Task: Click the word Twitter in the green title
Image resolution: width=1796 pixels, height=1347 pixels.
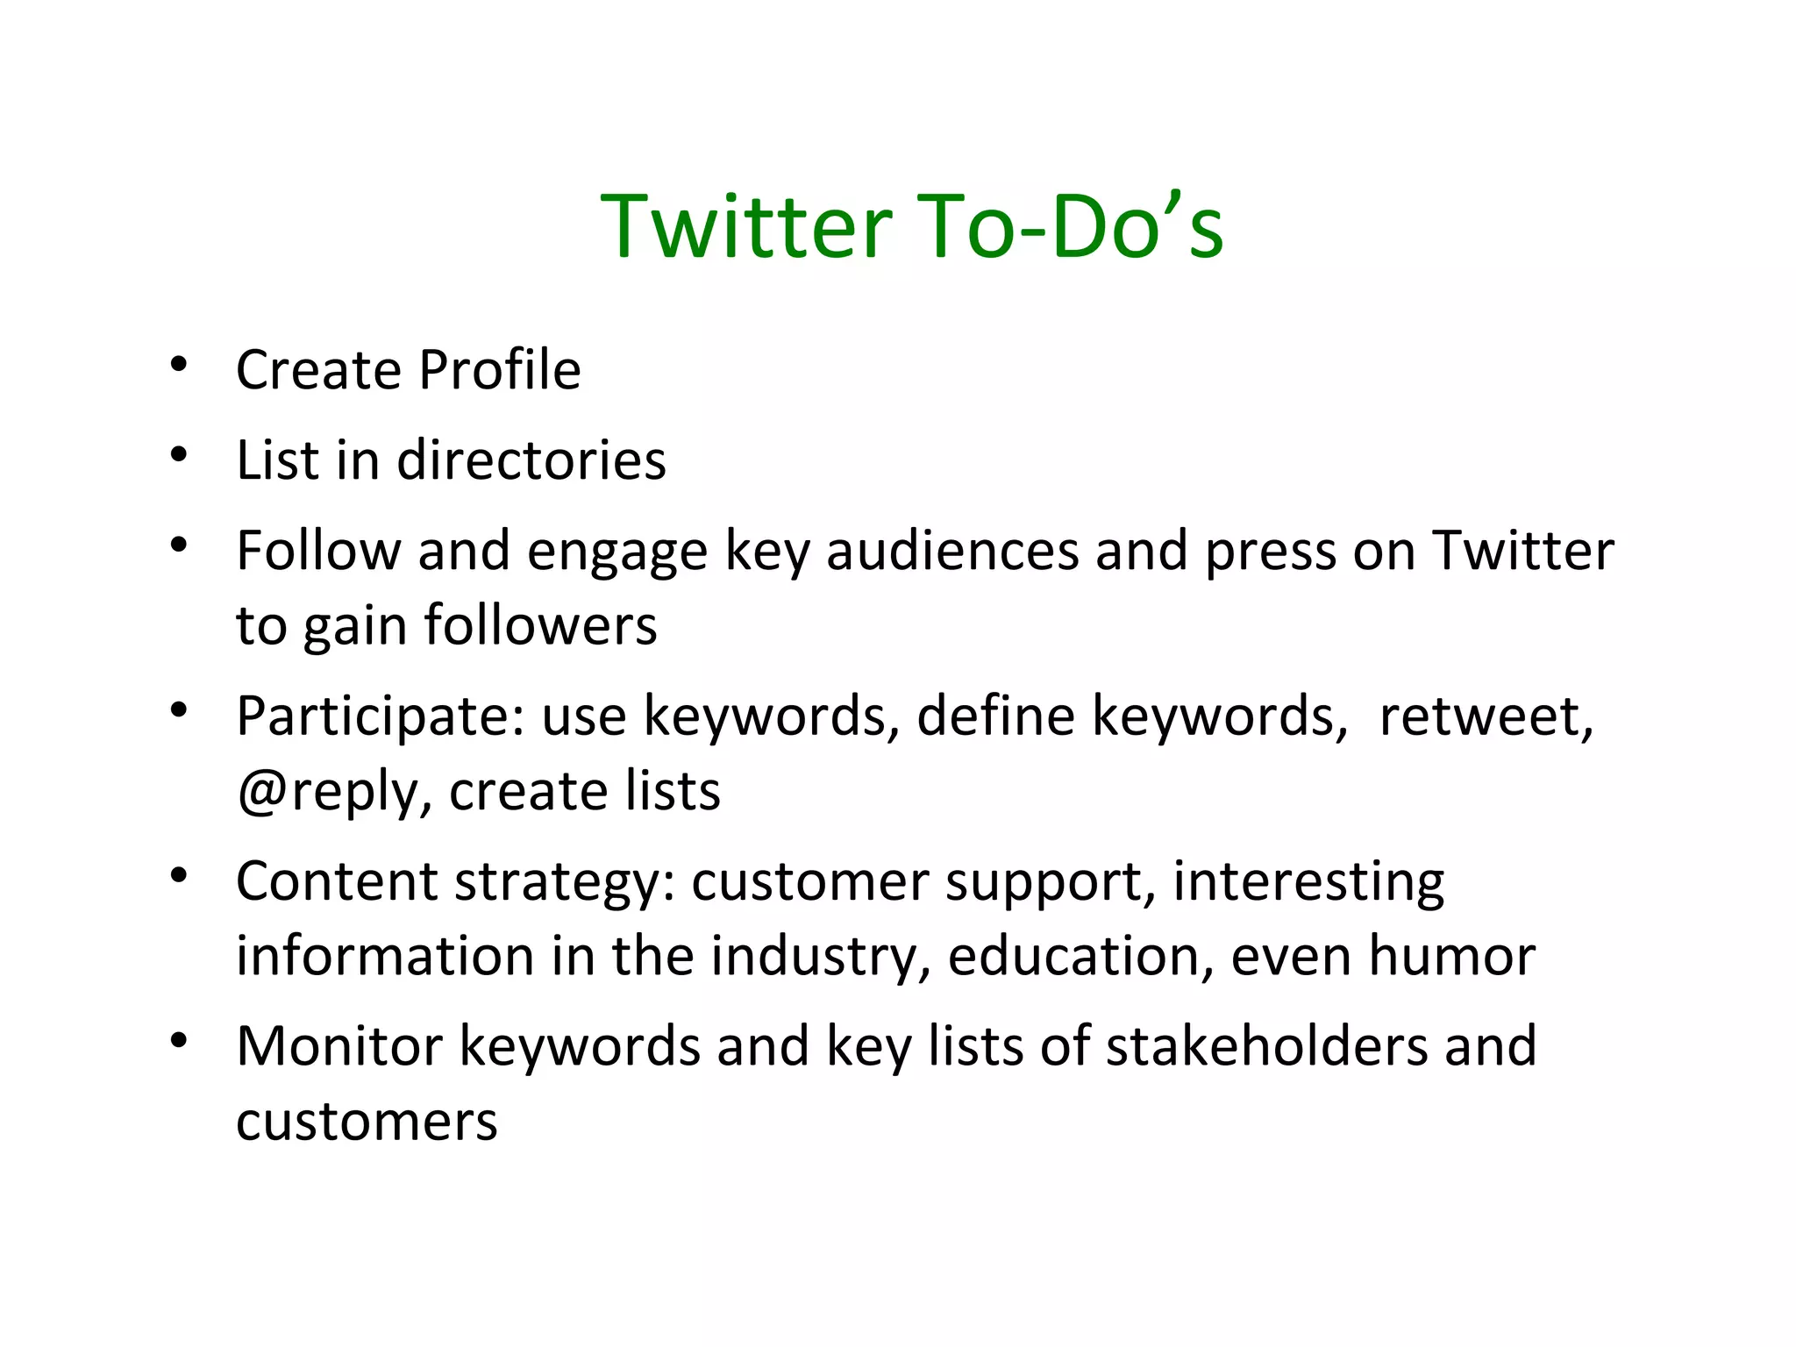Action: click(746, 227)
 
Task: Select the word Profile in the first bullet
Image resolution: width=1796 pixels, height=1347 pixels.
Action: click(500, 370)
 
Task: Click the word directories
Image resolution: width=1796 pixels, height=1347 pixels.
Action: click(531, 460)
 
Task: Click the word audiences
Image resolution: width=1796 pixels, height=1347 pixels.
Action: click(952, 552)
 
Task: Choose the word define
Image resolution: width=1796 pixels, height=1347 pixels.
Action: click(995, 716)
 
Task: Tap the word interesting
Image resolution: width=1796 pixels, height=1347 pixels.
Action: click(1308, 881)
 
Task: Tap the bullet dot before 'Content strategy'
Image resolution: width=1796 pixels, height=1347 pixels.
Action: click(180, 875)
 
